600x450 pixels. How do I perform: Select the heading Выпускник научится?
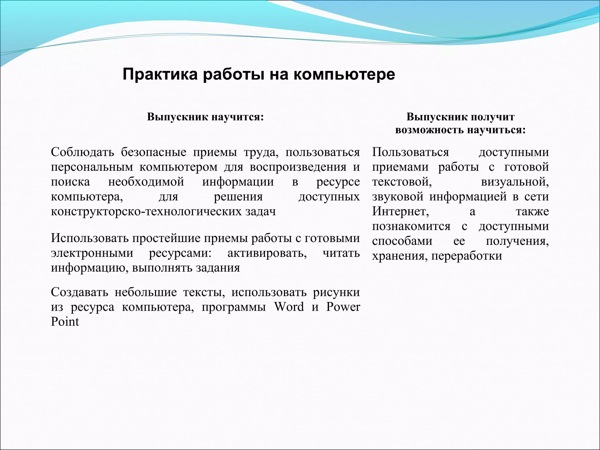coord(205,117)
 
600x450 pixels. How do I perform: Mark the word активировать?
coord(267,253)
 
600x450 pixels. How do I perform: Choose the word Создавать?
coord(80,292)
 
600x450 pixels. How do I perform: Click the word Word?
coord(289,307)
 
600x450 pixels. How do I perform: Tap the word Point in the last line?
coord(65,322)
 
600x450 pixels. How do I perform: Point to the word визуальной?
coord(515,182)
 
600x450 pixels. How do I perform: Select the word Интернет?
coord(400,212)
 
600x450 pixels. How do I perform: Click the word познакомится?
coord(411,226)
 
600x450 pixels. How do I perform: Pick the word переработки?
coord(466,256)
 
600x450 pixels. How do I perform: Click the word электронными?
coord(92,253)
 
